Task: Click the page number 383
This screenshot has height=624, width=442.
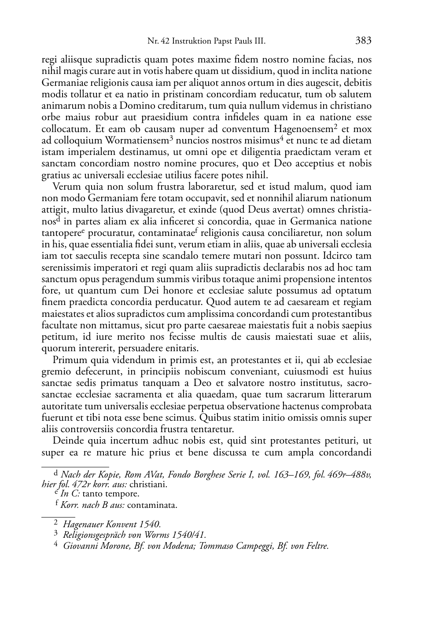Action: [363, 41]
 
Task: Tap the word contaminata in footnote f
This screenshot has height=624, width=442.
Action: [152, 505]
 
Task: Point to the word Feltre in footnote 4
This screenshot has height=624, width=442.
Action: [317, 546]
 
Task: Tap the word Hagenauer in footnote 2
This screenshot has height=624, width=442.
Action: [82, 524]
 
